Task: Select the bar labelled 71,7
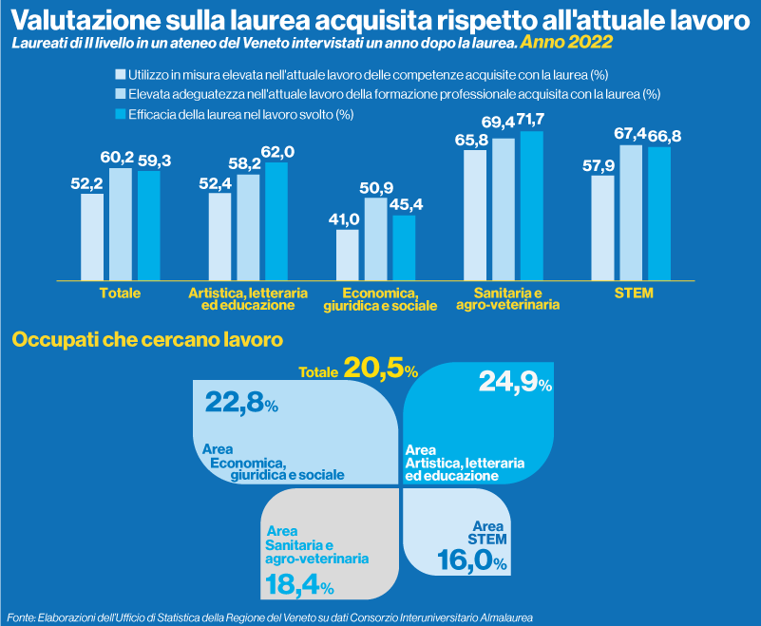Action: coord(532,204)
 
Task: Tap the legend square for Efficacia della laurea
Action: coord(120,114)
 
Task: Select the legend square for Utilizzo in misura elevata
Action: coord(120,74)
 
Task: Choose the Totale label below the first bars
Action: coord(120,294)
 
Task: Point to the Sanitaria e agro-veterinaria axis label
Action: coord(505,299)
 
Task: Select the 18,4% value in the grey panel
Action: coord(297,586)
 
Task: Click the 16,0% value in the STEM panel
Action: coord(471,561)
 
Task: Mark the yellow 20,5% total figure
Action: coord(381,368)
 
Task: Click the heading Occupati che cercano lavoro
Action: coord(146,339)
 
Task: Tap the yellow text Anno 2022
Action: coord(566,44)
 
